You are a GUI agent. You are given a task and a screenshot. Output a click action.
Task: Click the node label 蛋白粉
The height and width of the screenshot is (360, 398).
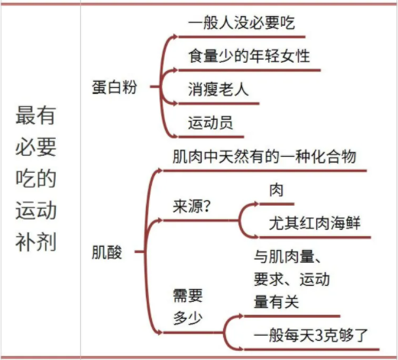tap(115, 87)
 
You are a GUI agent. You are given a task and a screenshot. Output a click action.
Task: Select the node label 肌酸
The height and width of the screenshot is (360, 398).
tap(107, 252)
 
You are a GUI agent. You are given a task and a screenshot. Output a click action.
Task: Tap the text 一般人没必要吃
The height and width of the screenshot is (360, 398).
tap(241, 23)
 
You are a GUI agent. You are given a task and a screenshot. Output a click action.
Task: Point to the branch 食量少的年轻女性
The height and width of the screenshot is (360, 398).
tap(249, 56)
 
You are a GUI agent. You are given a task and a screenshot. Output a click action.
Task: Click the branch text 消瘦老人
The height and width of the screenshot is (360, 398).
tap(218, 89)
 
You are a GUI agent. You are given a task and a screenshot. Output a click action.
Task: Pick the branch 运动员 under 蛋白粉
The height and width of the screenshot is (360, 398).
tap(211, 123)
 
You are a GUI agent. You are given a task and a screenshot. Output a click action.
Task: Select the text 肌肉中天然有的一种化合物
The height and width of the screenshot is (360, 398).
tap(264, 156)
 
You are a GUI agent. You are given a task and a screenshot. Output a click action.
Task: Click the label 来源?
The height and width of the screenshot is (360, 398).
tap(192, 206)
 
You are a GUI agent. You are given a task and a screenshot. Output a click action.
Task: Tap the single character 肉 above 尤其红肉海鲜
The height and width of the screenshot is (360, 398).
tap(277, 190)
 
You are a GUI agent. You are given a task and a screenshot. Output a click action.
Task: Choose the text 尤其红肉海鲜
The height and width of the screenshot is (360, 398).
tap(315, 223)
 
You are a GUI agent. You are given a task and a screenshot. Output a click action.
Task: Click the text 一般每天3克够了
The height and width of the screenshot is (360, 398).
tap(311, 335)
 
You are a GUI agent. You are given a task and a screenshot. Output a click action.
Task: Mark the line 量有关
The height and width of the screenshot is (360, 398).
tap(277, 302)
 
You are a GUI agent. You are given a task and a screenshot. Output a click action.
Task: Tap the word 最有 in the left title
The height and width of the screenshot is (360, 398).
tap(36, 115)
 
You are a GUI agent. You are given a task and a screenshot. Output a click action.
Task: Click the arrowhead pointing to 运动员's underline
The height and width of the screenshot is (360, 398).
tap(175, 136)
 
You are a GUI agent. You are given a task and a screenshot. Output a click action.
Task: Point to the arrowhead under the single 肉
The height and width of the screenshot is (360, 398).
tap(256, 204)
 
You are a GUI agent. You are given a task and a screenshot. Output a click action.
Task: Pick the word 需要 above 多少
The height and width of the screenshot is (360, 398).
tap(188, 296)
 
